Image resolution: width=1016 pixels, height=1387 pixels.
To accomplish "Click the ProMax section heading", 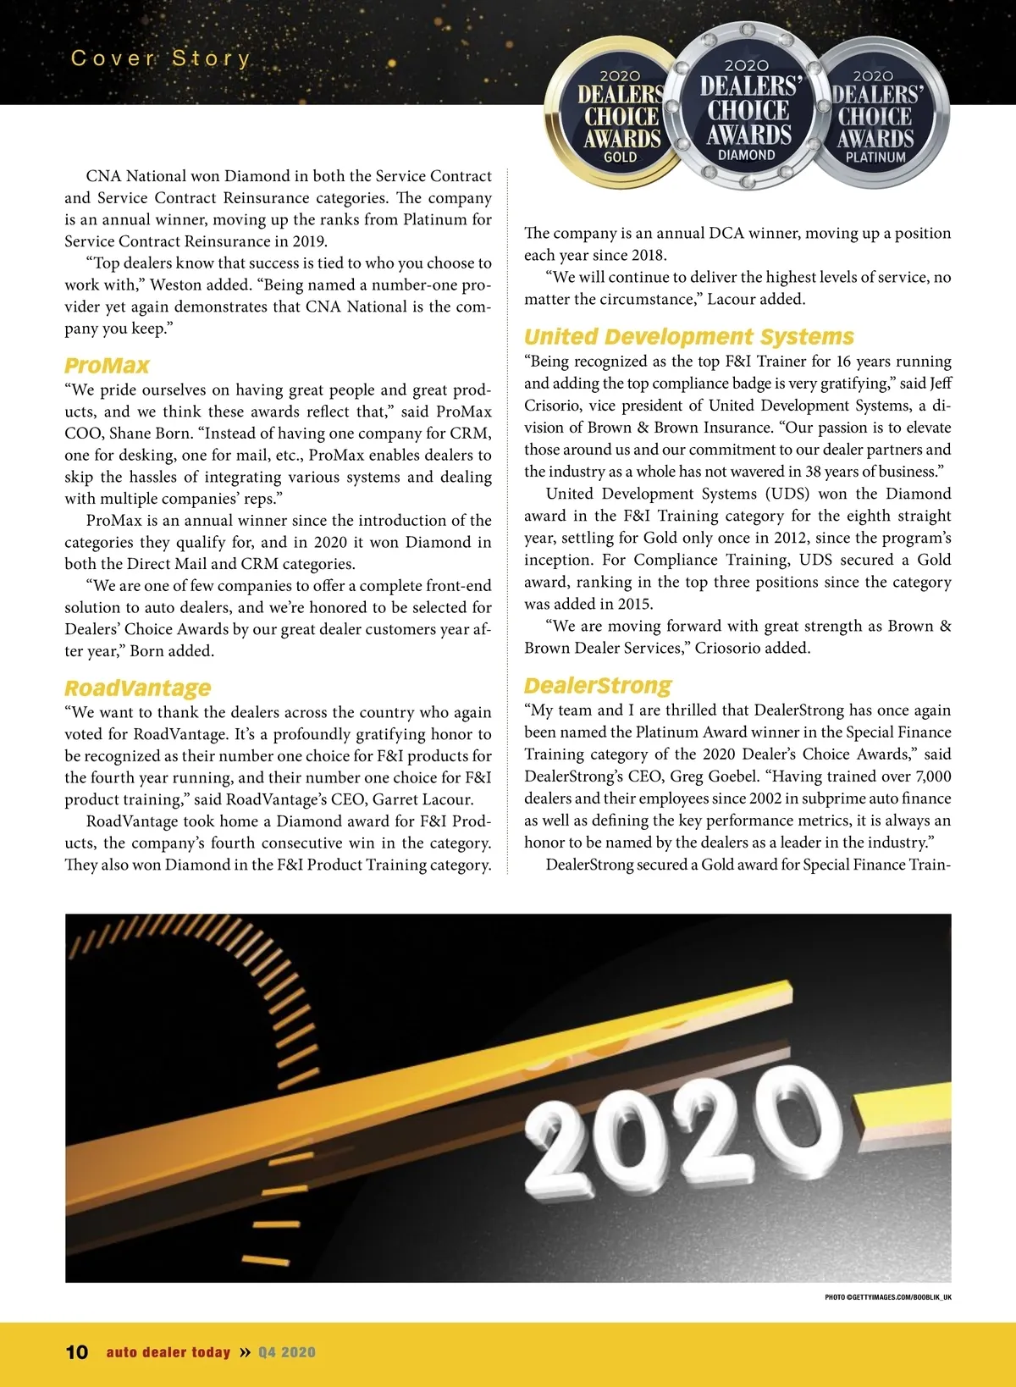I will click(107, 366).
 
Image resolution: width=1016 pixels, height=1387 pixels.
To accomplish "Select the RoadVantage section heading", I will click(137, 688).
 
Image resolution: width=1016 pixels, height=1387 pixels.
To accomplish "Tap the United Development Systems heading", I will click(688, 337).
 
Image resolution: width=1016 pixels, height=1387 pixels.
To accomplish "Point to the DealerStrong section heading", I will click(597, 685).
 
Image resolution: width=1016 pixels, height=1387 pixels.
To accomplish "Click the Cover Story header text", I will click(161, 58).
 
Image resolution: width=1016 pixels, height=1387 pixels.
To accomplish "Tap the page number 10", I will click(76, 1352).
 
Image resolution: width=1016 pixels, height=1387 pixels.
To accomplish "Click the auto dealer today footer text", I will click(168, 1352).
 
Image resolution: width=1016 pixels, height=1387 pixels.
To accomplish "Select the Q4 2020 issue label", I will click(287, 1352).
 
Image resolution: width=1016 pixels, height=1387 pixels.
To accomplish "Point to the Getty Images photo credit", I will click(888, 1297).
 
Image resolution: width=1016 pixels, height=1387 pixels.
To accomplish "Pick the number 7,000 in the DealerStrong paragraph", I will click(933, 776).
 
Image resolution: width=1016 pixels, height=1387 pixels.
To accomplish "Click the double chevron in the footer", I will click(245, 1352).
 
